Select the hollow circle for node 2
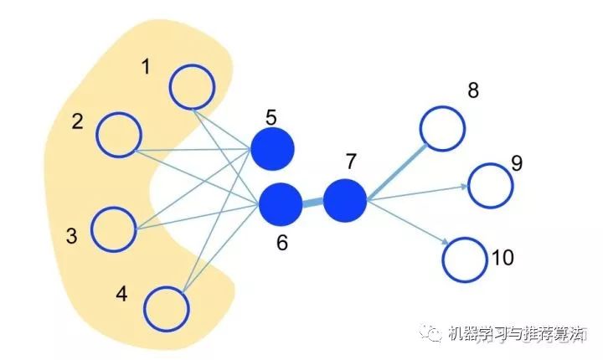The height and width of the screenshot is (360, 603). click(120, 134)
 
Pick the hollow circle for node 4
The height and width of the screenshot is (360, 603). click(167, 308)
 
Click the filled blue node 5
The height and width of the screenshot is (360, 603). click(272, 150)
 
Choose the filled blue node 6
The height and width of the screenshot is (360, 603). click(281, 204)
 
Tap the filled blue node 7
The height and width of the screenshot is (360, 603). click(344, 200)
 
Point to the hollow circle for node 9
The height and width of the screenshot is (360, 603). click(490, 185)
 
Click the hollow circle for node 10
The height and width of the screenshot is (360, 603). click(465, 259)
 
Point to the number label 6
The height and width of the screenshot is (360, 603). click(281, 244)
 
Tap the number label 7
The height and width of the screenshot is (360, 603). click(351, 161)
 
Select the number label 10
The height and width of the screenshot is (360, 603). click(502, 257)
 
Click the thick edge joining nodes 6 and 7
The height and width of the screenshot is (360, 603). click(312, 203)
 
